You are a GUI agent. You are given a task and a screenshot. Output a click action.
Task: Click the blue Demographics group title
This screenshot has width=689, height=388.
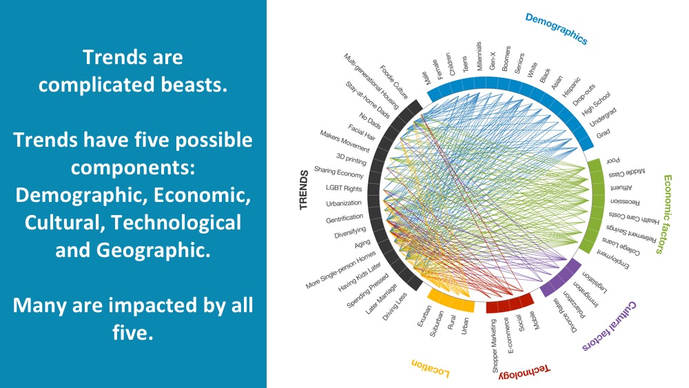click(556, 28)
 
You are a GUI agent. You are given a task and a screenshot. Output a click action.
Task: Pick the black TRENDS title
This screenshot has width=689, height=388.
click(304, 190)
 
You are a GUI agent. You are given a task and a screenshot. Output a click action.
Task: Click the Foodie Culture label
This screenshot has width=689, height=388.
click(394, 82)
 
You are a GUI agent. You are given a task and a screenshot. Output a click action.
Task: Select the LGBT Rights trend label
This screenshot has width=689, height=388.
click(344, 187)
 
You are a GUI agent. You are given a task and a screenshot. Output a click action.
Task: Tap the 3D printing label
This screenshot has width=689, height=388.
click(351, 159)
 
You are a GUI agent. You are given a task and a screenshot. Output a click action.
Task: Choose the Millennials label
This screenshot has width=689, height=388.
click(479, 56)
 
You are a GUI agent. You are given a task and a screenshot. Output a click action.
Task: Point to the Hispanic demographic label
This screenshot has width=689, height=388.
click(571, 87)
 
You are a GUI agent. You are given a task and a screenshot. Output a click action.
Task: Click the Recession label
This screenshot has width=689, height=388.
click(625, 202)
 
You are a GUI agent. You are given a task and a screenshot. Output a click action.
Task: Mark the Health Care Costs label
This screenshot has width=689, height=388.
click(634, 218)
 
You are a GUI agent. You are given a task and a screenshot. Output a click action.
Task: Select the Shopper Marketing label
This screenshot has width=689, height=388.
click(494, 346)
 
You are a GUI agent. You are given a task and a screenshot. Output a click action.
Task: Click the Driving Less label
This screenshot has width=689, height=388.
click(394, 306)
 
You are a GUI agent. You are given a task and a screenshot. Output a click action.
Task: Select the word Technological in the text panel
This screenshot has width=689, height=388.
click(176, 223)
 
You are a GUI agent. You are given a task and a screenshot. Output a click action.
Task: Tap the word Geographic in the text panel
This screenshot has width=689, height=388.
click(153, 250)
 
